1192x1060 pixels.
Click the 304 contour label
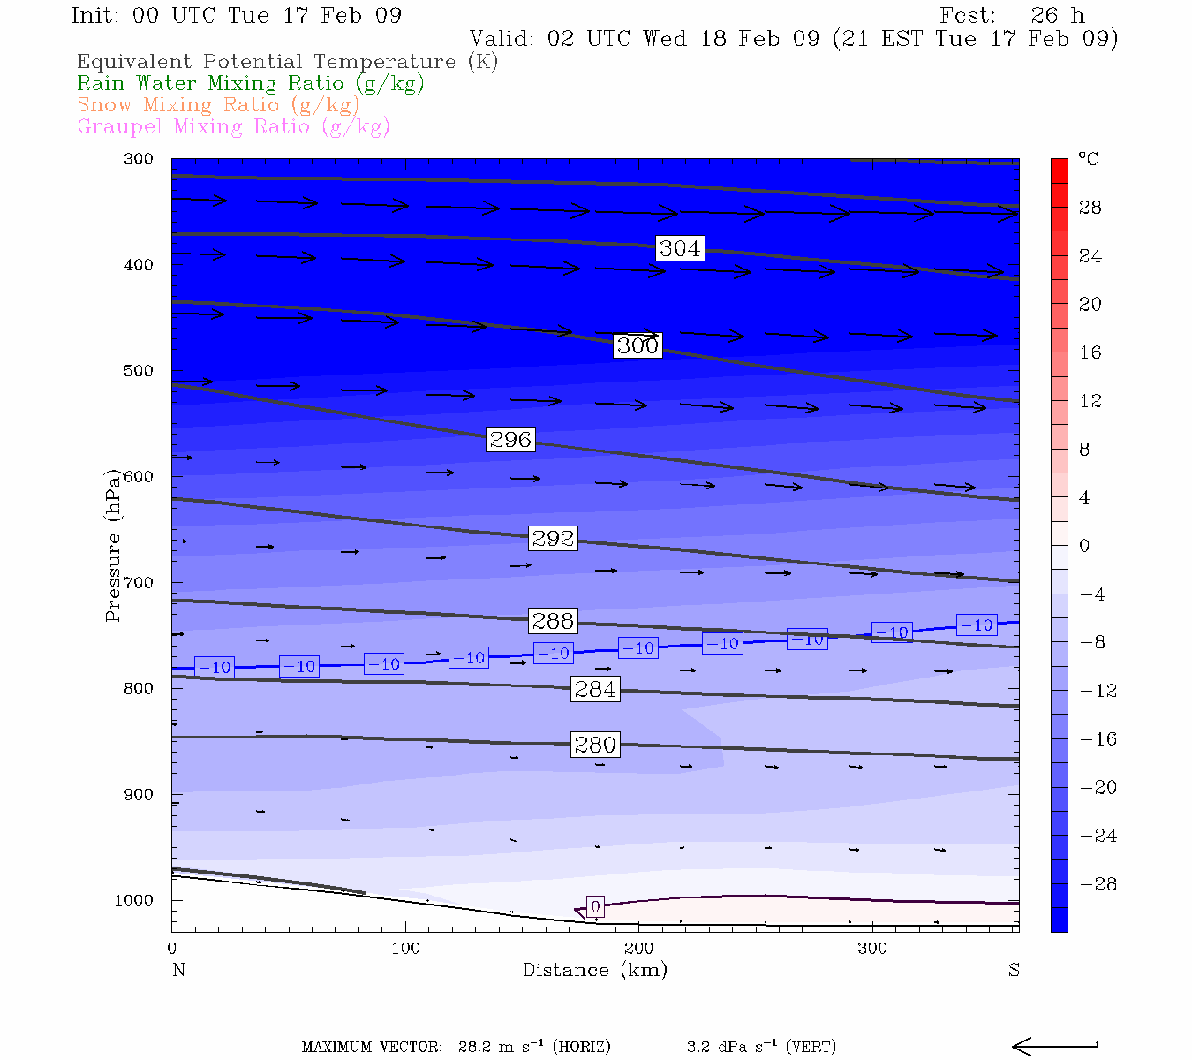point(680,249)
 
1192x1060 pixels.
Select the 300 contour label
point(637,345)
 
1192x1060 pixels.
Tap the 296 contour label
point(510,439)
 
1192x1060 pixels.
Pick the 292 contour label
point(553,538)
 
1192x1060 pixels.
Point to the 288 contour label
point(553,621)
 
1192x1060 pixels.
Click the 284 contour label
point(595,689)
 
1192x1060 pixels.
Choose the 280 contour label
point(595,745)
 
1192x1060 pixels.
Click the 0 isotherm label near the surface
point(595,907)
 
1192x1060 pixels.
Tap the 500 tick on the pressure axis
point(139,371)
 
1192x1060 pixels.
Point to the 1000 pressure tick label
point(134,901)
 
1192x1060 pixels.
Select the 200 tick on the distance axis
point(639,949)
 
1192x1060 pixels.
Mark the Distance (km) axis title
point(595,970)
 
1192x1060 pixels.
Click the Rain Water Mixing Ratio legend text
point(251,84)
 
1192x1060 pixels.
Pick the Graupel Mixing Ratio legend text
point(234,127)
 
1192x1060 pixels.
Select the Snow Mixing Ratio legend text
point(218,105)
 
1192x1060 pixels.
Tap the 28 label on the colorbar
point(1090,208)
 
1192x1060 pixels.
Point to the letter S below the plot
point(1014,970)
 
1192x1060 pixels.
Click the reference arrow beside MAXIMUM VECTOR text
point(1054,1047)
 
